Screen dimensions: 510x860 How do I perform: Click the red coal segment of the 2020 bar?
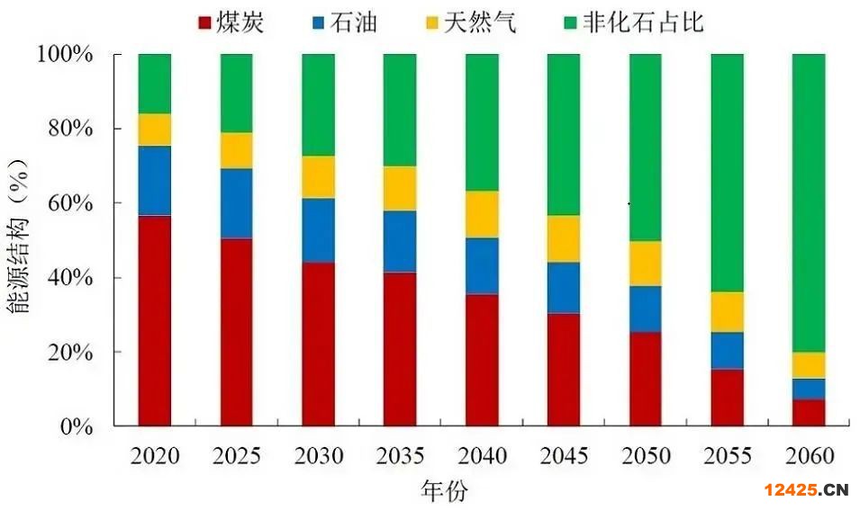tap(155, 319)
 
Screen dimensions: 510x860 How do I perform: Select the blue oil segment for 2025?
tap(237, 203)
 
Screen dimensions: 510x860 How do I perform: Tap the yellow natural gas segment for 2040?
tap(482, 214)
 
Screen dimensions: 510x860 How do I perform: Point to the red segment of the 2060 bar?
tap(809, 412)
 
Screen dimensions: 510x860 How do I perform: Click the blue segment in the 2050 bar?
tap(645, 309)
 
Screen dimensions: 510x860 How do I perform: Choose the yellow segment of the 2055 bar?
tap(727, 312)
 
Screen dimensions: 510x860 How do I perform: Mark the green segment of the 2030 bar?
tap(318, 104)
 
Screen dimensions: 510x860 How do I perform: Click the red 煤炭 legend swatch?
tap(203, 22)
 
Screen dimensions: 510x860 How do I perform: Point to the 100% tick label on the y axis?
tap(66, 54)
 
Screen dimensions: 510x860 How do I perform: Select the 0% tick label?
tap(78, 426)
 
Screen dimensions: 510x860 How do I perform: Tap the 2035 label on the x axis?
tap(400, 456)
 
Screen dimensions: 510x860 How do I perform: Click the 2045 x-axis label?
tap(563, 456)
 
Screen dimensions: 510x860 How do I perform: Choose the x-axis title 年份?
tap(444, 490)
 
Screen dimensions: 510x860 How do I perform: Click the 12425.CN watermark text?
tap(806, 490)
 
